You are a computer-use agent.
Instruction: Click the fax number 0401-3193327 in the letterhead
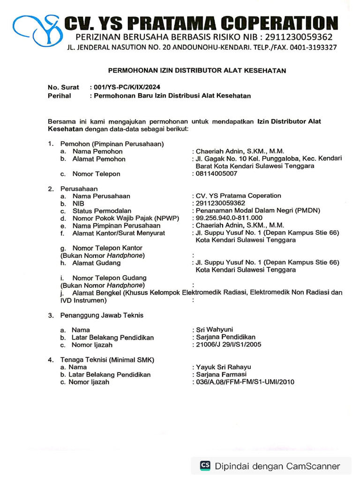click(313, 47)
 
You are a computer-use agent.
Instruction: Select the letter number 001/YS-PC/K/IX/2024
click(127, 87)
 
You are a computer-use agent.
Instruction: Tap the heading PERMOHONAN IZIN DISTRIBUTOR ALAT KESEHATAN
click(197, 70)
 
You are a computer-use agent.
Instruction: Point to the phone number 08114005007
click(217, 174)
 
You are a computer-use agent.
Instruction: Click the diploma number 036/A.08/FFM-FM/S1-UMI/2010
click(245, 382)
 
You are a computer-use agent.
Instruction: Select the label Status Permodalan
click(102, 210)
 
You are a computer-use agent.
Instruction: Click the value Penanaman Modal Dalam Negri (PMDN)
click(258, 210)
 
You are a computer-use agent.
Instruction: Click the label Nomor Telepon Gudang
click(109, 278)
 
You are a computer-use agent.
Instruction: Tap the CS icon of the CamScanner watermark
click(205, 465)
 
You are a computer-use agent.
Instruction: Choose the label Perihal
click(60, 96)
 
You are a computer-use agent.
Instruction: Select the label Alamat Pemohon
click(99, 159)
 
